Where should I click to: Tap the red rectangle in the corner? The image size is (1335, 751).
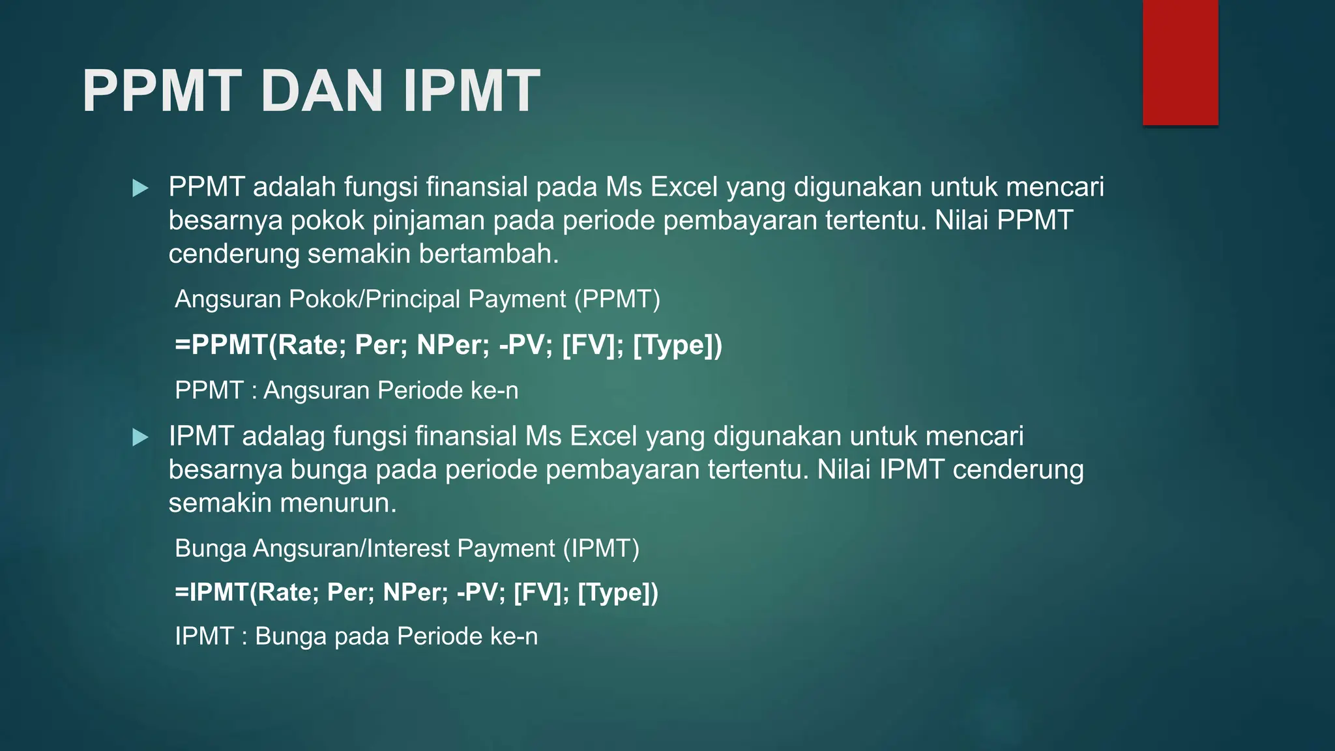coord(1180,63)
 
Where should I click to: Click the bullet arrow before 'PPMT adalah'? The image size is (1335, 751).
coord(140,189)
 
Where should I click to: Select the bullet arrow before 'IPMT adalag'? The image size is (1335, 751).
coord(140,437)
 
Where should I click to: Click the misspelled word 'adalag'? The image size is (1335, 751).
coord(283,436)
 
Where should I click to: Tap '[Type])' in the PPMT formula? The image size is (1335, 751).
coord(677,345)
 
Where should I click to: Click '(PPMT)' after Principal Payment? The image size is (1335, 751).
coord(617,299)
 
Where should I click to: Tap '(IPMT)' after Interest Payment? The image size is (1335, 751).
coord(600,548)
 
